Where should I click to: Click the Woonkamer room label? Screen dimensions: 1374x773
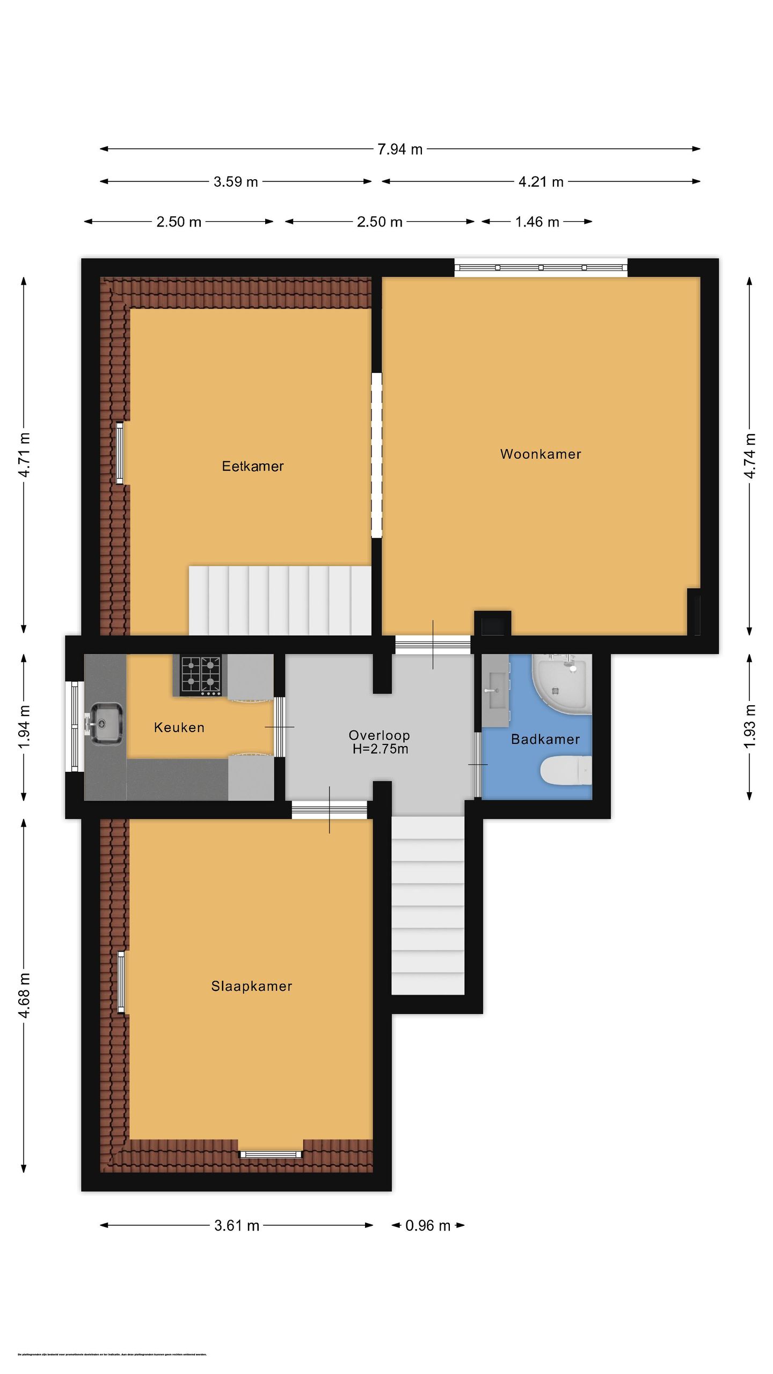[x=540, y=454]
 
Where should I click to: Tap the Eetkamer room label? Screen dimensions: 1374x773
[x=252, y=466]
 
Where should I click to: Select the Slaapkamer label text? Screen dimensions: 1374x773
[x=251, y=985]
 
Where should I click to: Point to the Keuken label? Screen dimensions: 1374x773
[x=179, y=727]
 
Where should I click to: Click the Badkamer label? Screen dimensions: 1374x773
[x=545, y=739]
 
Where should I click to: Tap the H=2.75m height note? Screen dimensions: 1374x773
[x=380, y=749]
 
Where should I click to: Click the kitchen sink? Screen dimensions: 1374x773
[x=106, y=723]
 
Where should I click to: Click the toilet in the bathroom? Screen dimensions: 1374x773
[x=565, y=770]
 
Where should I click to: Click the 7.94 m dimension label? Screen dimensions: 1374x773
[x=399, y=149]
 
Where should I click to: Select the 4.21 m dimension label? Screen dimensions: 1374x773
[x=541, y=182]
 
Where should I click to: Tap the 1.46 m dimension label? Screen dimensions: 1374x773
[x=537, y=222]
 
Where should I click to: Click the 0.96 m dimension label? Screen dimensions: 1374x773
[x=427, y=1225]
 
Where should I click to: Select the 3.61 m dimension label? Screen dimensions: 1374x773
[x=236, y=1225]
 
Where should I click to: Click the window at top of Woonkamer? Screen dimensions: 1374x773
[x=541, y=267]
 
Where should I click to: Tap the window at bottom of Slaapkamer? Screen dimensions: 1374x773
[x=271, y=1154]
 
